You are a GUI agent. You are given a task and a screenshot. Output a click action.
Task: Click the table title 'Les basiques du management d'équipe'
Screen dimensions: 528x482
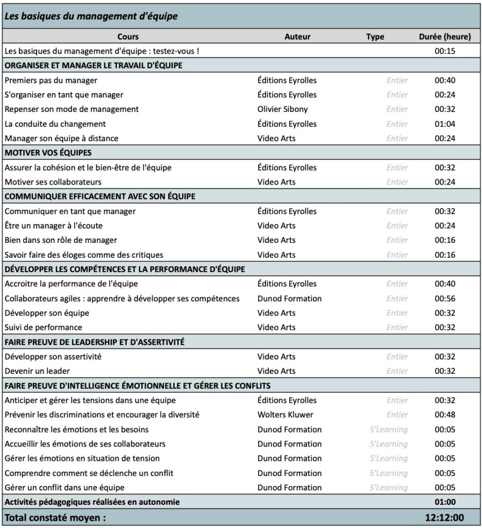[91, 16]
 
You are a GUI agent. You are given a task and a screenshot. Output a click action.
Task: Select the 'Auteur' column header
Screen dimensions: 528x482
[297, 37]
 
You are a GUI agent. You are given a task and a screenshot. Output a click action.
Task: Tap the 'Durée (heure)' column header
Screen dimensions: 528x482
[444, 37]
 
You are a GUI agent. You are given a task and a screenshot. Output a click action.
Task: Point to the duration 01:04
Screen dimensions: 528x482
[444, 124]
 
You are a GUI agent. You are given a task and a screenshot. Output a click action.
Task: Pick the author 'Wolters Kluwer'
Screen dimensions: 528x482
[285, 415]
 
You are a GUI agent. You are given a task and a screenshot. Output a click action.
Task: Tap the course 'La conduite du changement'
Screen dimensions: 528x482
[55, 124]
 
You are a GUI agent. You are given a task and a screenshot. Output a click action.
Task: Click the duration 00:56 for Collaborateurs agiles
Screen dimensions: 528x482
[444, 299]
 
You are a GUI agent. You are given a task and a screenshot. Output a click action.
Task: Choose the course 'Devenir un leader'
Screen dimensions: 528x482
[37, 371]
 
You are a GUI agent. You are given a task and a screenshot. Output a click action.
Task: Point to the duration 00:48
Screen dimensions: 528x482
[444, 415]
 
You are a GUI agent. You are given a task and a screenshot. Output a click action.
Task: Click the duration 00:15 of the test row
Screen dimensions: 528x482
[444, 51]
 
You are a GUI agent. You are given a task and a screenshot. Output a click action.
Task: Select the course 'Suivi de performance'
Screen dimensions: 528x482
[43, 327]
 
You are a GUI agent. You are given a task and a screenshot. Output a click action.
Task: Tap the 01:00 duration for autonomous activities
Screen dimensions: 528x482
[444, 502]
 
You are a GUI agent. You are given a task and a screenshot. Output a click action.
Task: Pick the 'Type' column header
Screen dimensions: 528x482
[375, 37]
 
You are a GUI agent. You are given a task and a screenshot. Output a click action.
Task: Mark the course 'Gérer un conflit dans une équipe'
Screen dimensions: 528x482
[64, 487]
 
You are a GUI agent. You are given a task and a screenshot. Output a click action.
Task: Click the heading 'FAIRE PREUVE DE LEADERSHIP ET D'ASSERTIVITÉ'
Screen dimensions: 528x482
[94, 342]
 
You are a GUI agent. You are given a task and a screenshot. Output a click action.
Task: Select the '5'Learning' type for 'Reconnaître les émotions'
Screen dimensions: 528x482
[388, 430]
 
